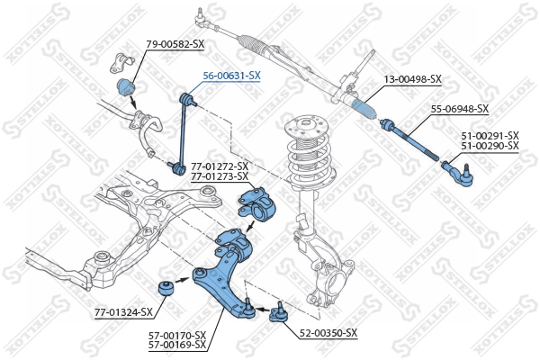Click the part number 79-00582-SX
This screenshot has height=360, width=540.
tap(175, 42)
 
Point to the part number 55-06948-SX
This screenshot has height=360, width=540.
tap(459, 109)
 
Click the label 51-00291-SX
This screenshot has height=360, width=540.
tap(490, 135)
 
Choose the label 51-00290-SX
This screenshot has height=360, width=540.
tap(490, 145)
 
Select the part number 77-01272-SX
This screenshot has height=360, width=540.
tap(220, 166)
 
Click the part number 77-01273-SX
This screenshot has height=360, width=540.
tap(220, 176)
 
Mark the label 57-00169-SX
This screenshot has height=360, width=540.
tap(177, 345)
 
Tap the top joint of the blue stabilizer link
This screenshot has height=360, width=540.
tap(187, 97)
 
